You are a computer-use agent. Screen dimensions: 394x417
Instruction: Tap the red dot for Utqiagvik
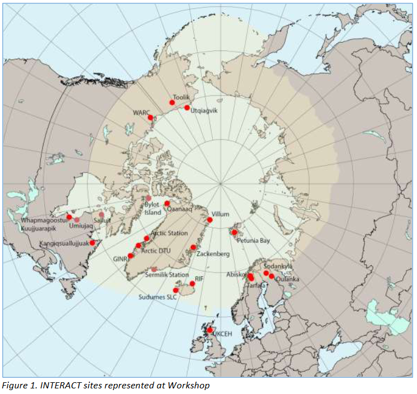click(x=187, y=107)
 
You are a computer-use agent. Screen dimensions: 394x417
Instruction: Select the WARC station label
click(x=141, y=112)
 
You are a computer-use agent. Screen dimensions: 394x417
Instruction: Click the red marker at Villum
click(x=210, y=220)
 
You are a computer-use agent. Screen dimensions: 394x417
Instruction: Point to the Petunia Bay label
click(x=253, y=241)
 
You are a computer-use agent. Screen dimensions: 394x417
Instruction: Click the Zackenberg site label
click(x=212, y=254)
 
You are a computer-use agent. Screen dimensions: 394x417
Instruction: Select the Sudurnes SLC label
click(x=158, y=297)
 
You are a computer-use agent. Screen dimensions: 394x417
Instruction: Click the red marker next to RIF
click(x=192, y=284)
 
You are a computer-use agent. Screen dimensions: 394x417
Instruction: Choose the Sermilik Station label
click(x=167, y=275)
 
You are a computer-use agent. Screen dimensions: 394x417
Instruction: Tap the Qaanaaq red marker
click(x=167, y=204)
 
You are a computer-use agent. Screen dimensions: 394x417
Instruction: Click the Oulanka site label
click(x=287, y=279)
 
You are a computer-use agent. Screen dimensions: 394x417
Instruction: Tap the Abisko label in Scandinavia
click(x=235, y=274)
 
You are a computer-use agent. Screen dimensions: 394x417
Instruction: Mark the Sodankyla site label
click(x=278, y=266)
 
